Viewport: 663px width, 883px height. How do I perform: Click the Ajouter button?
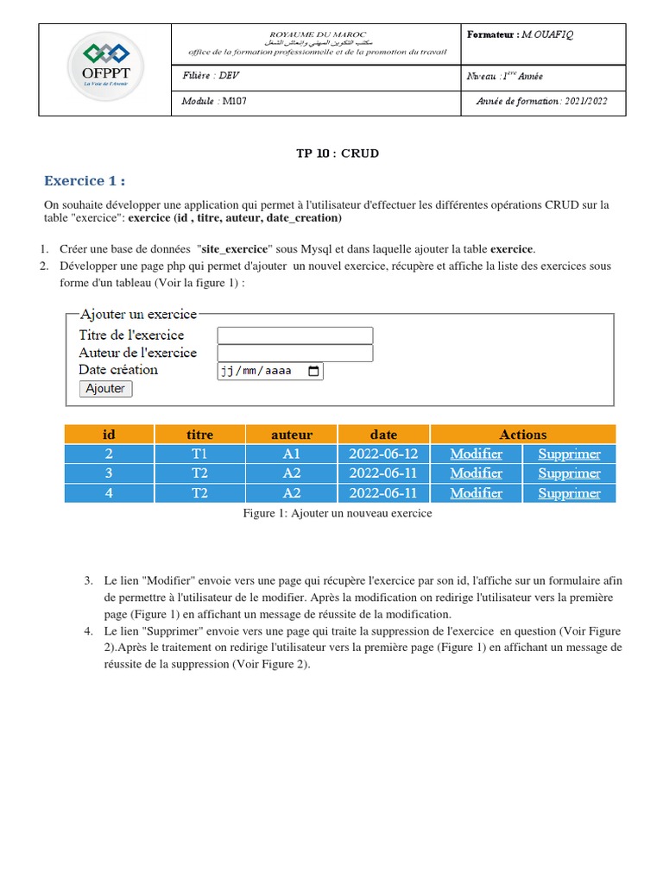105,389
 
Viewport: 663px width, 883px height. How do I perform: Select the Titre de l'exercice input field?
294,335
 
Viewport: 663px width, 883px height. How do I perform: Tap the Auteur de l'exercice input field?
294,353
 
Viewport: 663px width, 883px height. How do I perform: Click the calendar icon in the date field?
313,372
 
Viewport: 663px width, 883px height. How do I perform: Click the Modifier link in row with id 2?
476,454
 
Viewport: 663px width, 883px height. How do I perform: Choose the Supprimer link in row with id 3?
569,473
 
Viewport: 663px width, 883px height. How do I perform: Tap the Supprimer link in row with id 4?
569,493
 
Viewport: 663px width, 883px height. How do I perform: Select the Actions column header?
522,435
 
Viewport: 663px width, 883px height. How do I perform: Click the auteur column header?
292,435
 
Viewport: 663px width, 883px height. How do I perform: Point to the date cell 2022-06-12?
383,454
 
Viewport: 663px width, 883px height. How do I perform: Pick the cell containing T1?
199,454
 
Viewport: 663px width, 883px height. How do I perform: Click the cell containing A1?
292,454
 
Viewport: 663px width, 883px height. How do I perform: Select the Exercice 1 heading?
85,181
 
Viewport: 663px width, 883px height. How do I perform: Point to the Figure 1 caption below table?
338,513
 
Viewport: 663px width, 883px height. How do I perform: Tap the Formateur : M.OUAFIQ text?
520,34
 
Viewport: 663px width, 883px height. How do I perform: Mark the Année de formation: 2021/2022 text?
541,102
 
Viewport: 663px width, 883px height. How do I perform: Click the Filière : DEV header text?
211,76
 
